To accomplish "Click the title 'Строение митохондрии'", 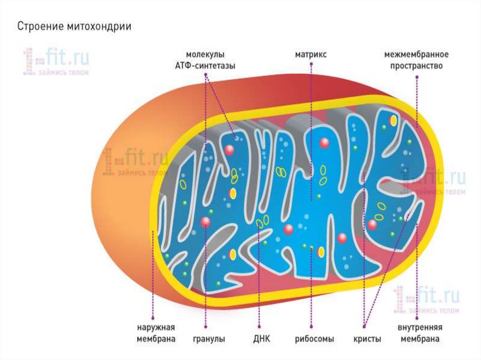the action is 74,26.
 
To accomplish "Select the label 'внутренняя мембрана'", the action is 420,333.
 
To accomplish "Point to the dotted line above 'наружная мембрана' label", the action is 153,282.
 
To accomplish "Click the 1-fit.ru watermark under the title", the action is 56,61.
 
